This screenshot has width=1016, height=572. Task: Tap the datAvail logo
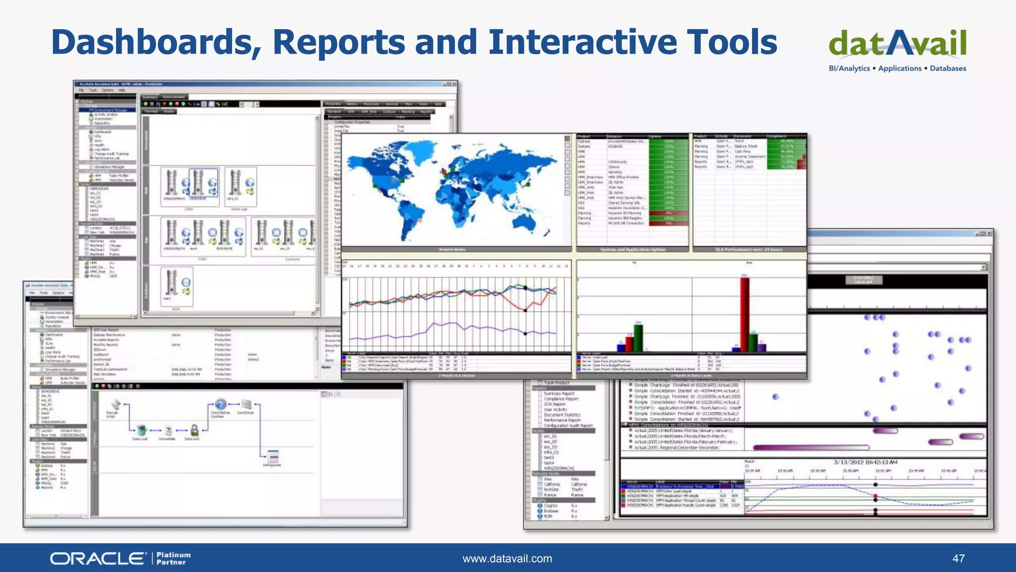coord(897,44)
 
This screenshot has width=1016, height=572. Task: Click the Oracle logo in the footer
coord(97,559)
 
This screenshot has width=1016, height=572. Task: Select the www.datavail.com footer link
coord(507,559)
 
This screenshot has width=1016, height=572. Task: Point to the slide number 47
coord(958,559)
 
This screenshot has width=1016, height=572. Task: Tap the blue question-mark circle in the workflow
coord(221,405)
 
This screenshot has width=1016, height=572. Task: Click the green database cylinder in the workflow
coord(141,430)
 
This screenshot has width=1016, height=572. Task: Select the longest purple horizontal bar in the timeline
coord(811,447)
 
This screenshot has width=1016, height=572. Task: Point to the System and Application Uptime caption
coord(633,250)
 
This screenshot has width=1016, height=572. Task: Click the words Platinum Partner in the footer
coord(173,559)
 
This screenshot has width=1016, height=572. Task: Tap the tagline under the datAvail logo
coord(897,69)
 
